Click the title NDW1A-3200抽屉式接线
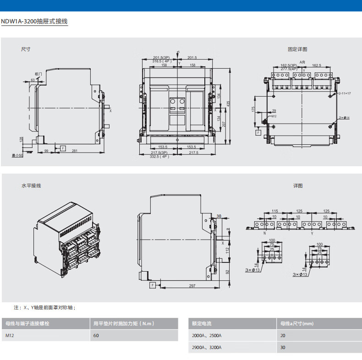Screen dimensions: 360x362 coord(35,21)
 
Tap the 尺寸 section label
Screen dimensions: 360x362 coord(26,49)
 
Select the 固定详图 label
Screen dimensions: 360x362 coord(297,49)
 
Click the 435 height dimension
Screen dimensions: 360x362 coord(228,104)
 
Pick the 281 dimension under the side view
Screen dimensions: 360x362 coord(74,151)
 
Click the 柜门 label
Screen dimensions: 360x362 coord(38,74)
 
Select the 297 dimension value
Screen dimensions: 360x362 coord(192,286)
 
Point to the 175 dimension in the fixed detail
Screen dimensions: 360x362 coord(253,109)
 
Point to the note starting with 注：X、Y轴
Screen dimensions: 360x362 coord(44,307)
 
